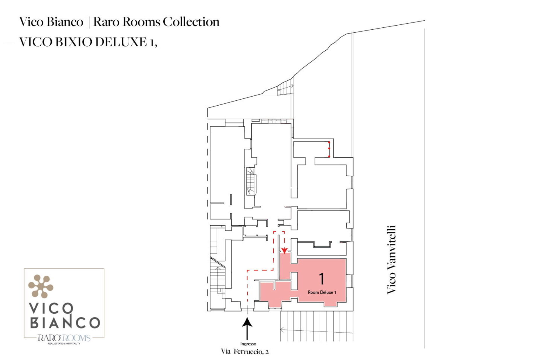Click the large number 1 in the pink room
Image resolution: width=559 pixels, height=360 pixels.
[x=321, y=279]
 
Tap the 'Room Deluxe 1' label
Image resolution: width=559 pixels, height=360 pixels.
[x=322, y=292]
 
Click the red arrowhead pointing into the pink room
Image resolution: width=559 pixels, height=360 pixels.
[x=284, y=251]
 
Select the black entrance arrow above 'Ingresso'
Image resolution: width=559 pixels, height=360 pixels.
[x=247, y=329]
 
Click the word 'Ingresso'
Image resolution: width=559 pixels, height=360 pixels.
[x=248, y=344]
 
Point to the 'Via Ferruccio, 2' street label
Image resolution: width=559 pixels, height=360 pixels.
[x=245, y=352]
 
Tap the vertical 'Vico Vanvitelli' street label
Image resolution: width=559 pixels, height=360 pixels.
[x=391, y=260]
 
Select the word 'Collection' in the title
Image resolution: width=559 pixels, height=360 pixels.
[x=191, y=22]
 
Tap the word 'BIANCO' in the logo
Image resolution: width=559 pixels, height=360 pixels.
[x=65, y=322]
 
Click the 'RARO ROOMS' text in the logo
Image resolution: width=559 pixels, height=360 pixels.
[x=64, y=338]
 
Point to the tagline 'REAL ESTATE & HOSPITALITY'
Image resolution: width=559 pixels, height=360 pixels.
[x=64, y=344]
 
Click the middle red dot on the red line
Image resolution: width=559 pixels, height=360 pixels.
[x=329, y=149]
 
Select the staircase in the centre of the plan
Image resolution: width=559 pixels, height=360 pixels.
[x=251, y=181]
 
